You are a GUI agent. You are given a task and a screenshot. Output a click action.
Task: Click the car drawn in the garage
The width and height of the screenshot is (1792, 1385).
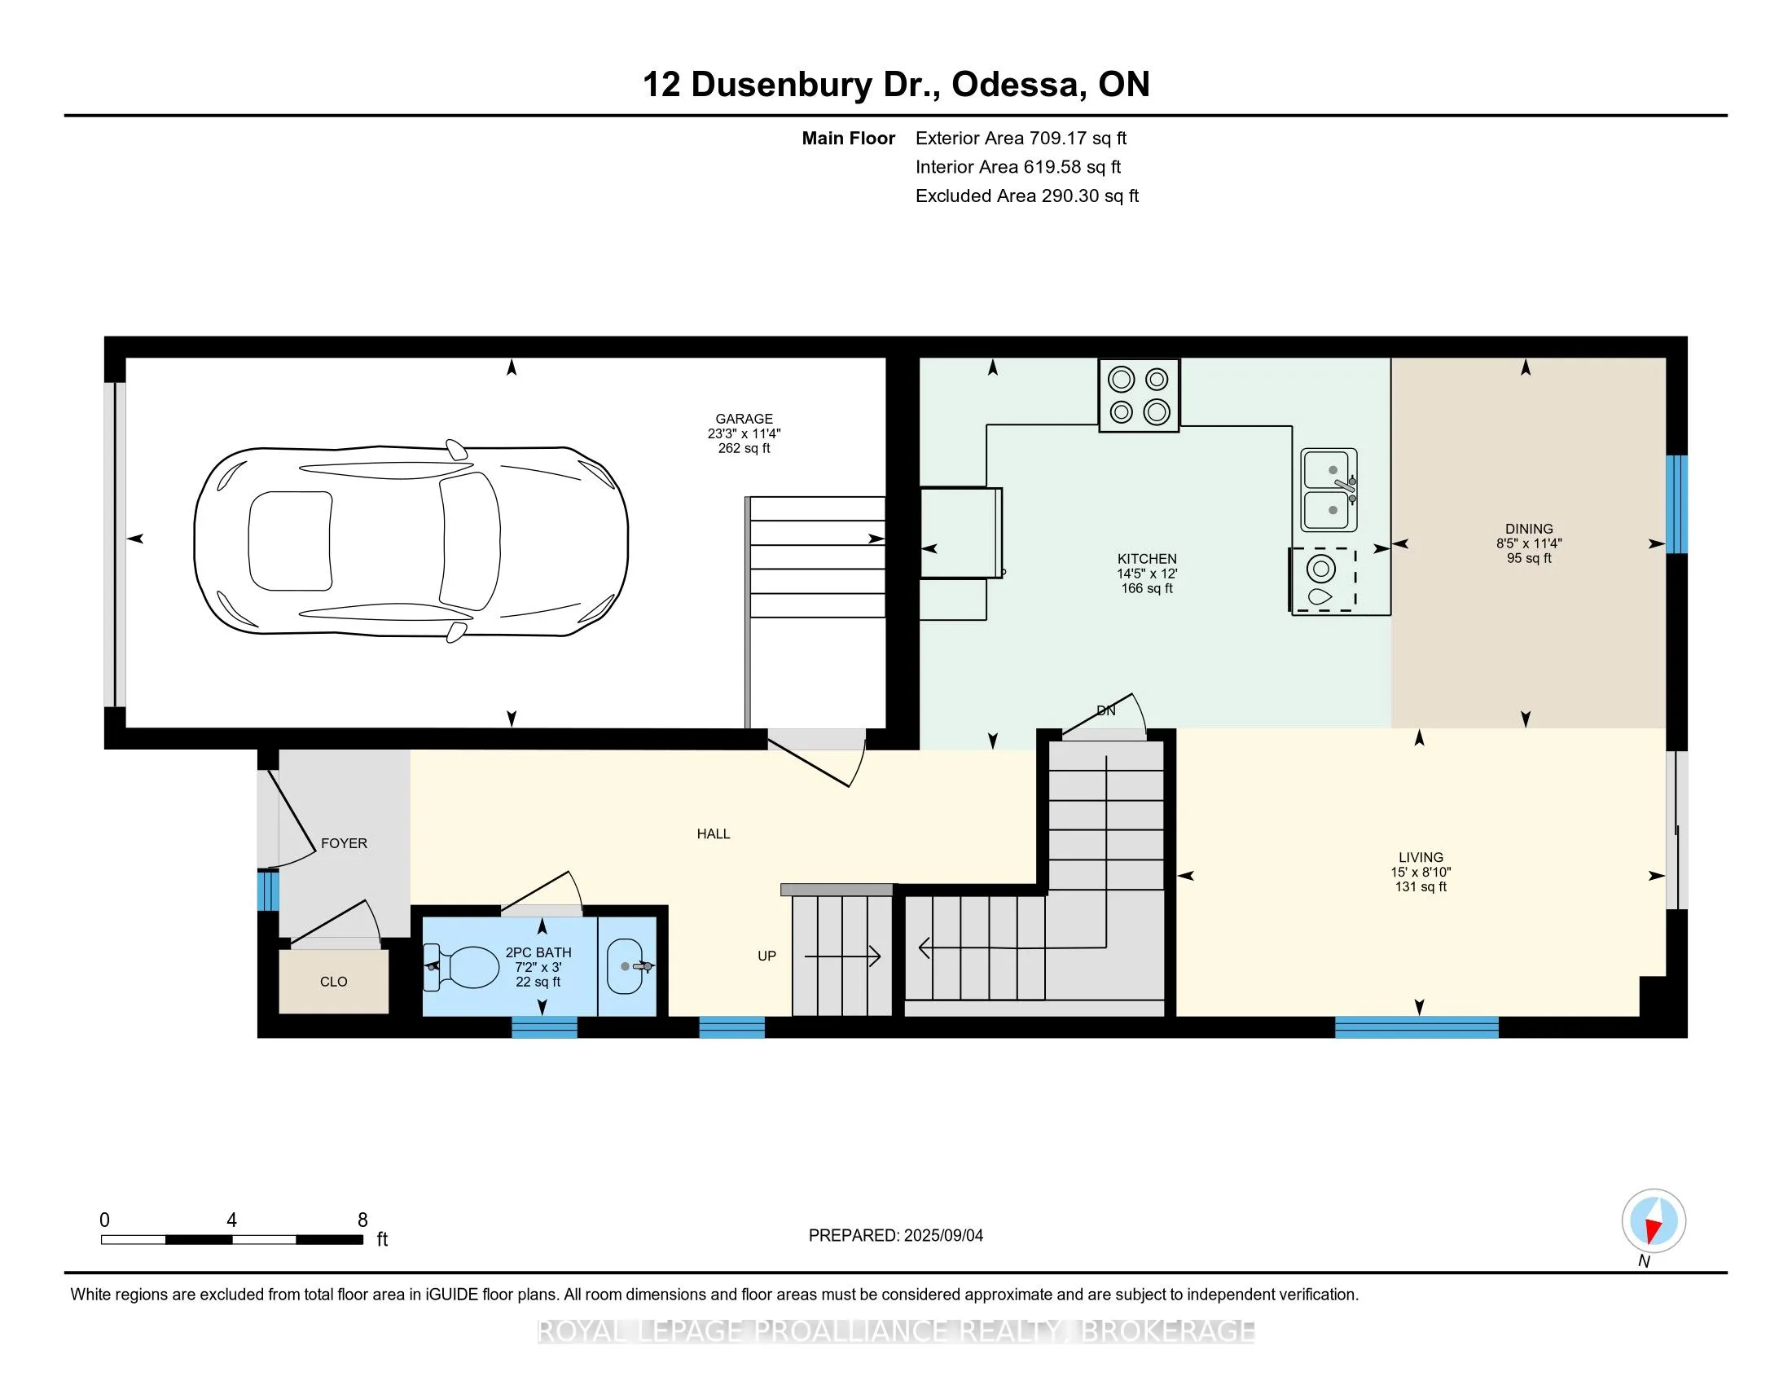click(411, 542)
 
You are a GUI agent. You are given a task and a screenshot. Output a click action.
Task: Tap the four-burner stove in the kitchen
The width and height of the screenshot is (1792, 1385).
click(1139, 394)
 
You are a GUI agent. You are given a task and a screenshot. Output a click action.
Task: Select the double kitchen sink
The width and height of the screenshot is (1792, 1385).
click(1329, 490)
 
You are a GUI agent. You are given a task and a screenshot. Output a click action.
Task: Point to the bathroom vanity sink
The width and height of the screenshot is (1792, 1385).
click(629, 966)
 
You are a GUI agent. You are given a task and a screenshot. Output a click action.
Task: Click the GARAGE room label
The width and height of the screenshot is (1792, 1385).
click(744, 419)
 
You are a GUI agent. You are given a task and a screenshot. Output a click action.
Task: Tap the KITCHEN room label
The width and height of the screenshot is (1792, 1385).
click(1147, 559)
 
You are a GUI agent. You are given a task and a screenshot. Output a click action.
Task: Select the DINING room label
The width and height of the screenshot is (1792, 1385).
click(1530, 530)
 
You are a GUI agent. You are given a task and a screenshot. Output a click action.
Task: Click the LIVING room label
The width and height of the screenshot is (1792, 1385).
click(1421, 857)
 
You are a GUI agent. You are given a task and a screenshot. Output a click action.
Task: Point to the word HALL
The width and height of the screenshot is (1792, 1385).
click(714, 834)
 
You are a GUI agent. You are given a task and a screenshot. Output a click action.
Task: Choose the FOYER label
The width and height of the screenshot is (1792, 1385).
click(344, 843)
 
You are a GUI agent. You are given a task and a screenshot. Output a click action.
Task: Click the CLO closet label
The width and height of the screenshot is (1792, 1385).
click(334, 983)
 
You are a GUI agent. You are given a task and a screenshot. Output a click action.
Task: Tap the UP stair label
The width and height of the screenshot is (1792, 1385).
click(767, 956)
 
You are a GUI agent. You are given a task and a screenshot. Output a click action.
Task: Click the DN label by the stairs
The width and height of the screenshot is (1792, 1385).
click(1106, 710)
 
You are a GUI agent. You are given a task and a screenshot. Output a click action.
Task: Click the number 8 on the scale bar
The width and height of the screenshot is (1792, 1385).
click(362, 1220)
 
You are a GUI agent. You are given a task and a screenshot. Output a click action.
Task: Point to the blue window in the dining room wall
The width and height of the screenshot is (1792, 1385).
click(1677, 503)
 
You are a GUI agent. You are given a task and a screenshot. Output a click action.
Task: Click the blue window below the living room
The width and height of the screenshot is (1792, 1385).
click(1417, 1027)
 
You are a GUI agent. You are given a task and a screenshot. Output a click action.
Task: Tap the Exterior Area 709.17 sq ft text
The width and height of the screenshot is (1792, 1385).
click(1021, 138)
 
